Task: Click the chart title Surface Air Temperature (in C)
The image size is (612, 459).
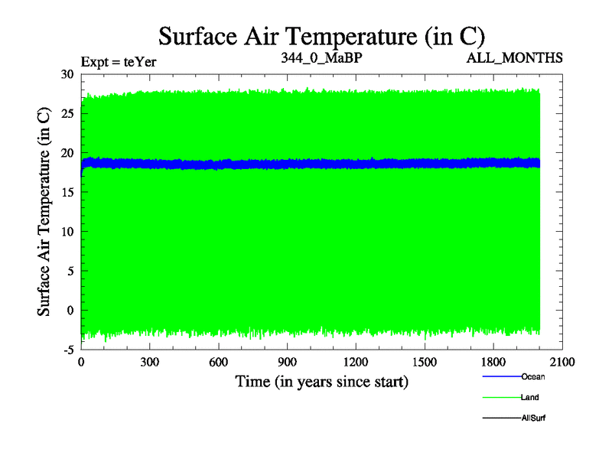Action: pyautogui.click(x=321, y=35)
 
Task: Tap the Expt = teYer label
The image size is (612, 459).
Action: pyautogui.click(x=119, y=62)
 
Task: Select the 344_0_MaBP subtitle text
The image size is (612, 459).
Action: pyautogui.click(x=321, y=57)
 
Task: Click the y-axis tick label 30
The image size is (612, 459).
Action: pyautogui.click(x=67, y=74)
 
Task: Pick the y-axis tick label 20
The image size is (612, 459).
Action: pyautogui.click(x=67, y=153)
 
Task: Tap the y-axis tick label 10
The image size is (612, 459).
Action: pyautogui.click(x=67, y=231)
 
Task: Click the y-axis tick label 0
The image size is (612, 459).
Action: pyautogui.click(x=70, y=310)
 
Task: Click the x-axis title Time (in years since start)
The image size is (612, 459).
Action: pyautogui.click(x=321, y=381)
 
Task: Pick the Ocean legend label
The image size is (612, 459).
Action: pyautogui.click(x=533, y=376)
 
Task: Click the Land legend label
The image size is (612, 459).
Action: pyautogui.click(x=532, y=397)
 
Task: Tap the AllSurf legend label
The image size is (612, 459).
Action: pyautogui.click(x=534, y=418)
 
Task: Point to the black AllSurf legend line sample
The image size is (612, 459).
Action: pyautogui.click(x=501, y=418)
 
